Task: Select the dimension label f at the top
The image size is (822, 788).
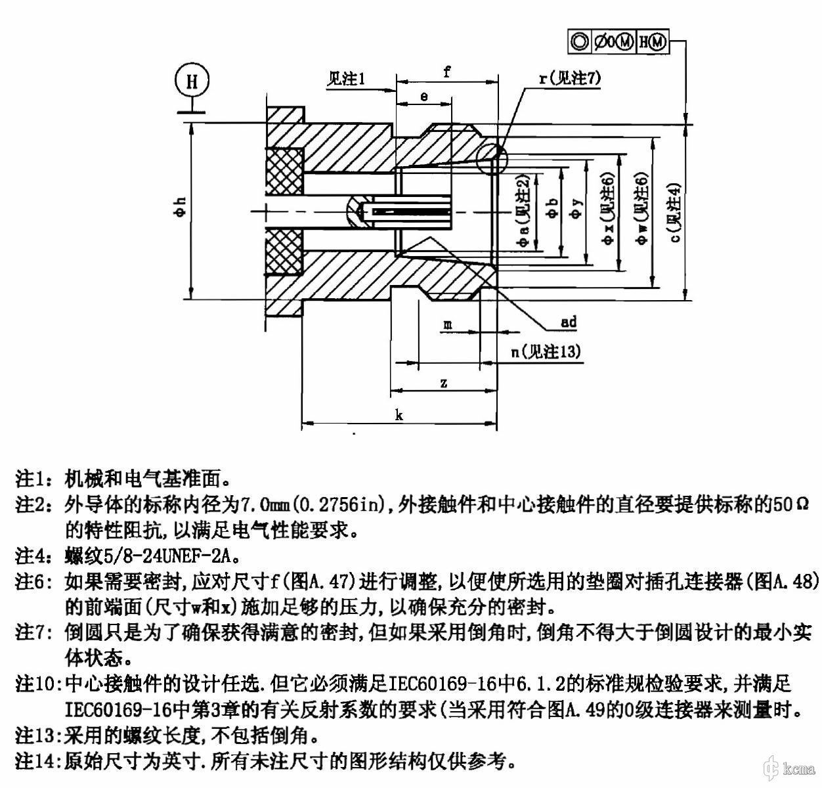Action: tap(446, 72)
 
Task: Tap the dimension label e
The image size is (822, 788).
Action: tap(424, 97)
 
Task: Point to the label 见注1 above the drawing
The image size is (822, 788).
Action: tap(347, 79)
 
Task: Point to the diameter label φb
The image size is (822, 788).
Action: tap(553, 209)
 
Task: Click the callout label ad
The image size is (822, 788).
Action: tap(569, 322)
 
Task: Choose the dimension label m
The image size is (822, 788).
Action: tap(447, 324)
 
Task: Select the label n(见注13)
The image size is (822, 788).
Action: tap(546, 352)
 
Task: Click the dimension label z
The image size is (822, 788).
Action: tap(444, 383)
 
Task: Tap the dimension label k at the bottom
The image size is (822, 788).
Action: tap(399, 414)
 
